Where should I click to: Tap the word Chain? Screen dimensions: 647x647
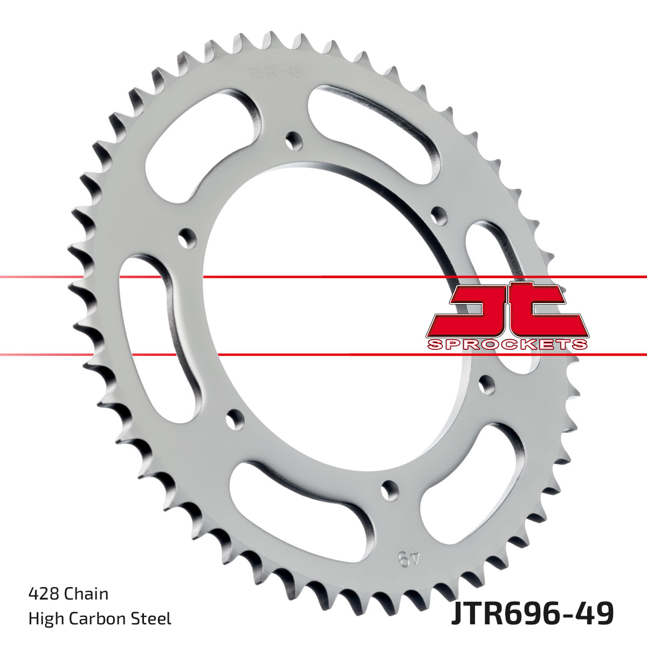pos(86,594)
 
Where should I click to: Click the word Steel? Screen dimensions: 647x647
pos(154,618)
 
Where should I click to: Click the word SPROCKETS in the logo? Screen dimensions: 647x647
pos(506,345)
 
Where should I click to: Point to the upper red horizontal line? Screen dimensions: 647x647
pos(323,277)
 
